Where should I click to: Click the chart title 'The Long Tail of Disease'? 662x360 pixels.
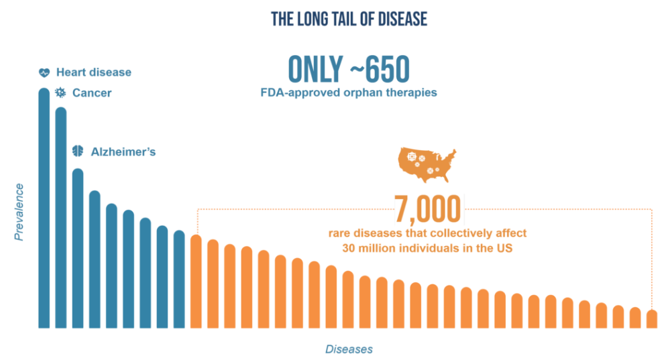349,19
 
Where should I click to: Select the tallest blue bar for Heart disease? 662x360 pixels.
44,208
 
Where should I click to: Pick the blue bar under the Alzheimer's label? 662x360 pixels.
78,248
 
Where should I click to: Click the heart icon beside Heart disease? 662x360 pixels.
44,72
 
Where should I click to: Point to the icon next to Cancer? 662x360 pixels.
60,93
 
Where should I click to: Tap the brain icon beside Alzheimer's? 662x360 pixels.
78,152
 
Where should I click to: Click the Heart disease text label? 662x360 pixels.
94,72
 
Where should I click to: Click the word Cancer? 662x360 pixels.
92,93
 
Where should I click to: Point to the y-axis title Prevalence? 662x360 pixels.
19,212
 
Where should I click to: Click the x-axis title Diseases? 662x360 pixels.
349,349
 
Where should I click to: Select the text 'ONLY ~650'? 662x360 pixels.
348,70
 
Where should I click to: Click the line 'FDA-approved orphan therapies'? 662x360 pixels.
348,93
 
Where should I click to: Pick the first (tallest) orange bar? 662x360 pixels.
196,282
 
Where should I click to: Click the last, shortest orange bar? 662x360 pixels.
652,319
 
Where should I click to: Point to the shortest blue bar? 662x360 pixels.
179,280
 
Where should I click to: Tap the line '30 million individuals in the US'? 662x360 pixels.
427,249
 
